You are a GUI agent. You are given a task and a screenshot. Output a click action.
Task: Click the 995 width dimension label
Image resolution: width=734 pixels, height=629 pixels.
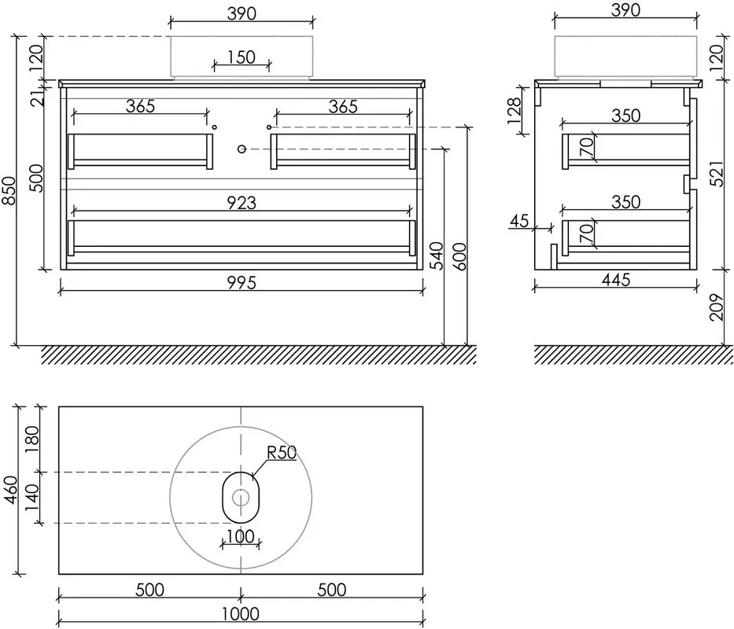point(242,283)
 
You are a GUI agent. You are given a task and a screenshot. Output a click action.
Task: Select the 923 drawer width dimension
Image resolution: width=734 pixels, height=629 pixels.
point(242,203)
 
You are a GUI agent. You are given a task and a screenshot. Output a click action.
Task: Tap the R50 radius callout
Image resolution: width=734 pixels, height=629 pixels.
point(282,453)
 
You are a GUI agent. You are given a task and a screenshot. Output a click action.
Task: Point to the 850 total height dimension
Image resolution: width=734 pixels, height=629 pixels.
point(9,190)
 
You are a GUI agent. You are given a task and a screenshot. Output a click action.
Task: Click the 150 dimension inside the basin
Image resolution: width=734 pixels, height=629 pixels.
point(242,57)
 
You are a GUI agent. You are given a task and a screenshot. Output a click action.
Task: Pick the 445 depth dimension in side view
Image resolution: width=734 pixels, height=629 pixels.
point(616,280)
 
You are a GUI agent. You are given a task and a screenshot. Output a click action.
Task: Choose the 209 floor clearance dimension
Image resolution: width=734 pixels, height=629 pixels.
point(717,307)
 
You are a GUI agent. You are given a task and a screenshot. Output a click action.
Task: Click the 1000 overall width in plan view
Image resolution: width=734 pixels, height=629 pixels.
point(241,613)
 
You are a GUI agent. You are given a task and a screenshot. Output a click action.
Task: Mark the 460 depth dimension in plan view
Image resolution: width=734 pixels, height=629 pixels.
point(11,490)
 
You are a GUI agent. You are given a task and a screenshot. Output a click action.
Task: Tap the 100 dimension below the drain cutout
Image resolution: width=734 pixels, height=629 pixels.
point(241,536)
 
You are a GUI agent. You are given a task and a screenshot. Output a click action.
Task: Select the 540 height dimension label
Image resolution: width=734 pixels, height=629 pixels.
point(437,256)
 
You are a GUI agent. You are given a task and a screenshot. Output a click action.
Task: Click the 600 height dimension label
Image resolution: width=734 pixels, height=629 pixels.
point(460,256)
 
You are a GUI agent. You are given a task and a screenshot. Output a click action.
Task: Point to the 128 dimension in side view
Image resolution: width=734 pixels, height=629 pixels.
point(514,110)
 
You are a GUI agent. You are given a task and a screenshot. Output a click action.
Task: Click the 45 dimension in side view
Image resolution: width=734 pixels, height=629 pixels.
point(519,220)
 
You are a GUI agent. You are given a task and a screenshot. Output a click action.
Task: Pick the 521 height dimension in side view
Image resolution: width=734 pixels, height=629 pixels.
point(717,174)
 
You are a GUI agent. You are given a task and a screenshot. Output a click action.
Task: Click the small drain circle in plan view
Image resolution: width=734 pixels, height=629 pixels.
point(241,497)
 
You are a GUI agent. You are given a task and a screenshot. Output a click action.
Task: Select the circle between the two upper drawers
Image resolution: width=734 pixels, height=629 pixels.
point(242,149)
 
